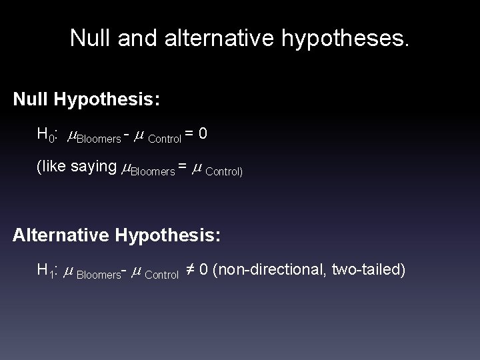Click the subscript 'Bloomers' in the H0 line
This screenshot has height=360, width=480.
pos(99,139)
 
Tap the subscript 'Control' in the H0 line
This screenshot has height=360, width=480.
pos(164,139)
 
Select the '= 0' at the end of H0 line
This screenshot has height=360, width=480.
pos(196,134)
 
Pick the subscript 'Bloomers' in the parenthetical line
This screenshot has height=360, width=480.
pos(153,171)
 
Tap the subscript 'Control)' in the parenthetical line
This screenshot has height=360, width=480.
pos(224,171)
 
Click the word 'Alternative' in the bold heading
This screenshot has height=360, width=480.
pos(63,235)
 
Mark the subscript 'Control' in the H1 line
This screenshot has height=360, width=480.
pos(161,274)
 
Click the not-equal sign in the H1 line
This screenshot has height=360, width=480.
pos(189,270)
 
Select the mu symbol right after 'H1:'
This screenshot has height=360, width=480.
pos(68,271)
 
